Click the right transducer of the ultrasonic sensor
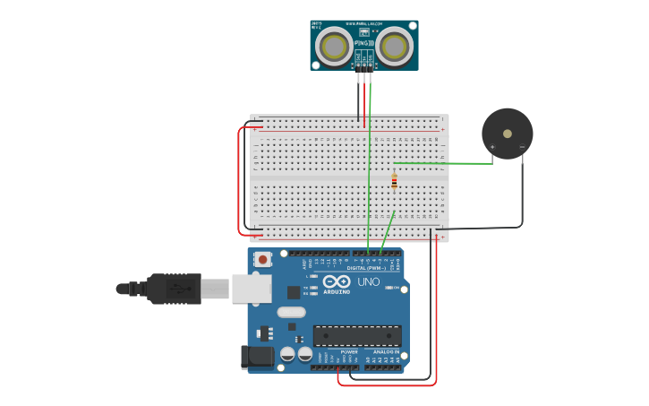click(x=394, y=47)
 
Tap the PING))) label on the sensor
click(x=364, y=42)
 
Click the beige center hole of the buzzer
click(x=508, y=134)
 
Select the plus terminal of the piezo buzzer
click(x=492, y=146)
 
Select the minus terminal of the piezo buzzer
click(x=522, y=146)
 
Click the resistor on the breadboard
click(x=394, y=182)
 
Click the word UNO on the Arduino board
click(x=368, y=281)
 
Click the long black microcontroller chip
click(x=357, y=336)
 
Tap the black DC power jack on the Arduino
click(x=259, y=357)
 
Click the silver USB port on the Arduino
click(x=252, y=289)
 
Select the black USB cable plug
click(x=170, y=289)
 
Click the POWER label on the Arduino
click(x=349, y=352)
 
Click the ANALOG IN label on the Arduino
click(x=386, y=352)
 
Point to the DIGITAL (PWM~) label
click(x=367, y=267)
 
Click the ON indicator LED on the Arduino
click(x=389, y=287)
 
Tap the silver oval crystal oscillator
click(x=291, y=312)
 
